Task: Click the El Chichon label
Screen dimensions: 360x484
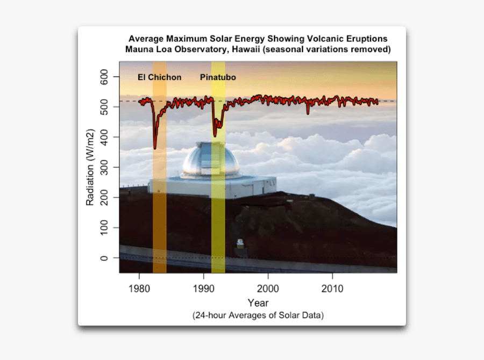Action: [159, 77]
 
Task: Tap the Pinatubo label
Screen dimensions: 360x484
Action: [218, 77]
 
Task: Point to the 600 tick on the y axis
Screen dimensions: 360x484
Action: [104, 77]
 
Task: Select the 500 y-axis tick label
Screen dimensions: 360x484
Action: [104, 107]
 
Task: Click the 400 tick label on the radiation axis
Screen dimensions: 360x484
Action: [104, 137]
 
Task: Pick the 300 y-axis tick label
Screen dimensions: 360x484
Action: [104, 167]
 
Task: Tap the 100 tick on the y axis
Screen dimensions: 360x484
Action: [104, 228]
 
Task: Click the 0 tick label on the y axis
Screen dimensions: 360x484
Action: [104, 258]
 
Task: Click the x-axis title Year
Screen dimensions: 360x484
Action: [258, 303]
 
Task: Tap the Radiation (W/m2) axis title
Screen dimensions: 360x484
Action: [90, 167]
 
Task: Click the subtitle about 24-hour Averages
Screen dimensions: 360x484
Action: [258, 315]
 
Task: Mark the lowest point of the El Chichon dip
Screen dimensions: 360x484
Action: [155, 148]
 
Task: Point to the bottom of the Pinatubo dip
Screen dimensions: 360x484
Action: [215, 136]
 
